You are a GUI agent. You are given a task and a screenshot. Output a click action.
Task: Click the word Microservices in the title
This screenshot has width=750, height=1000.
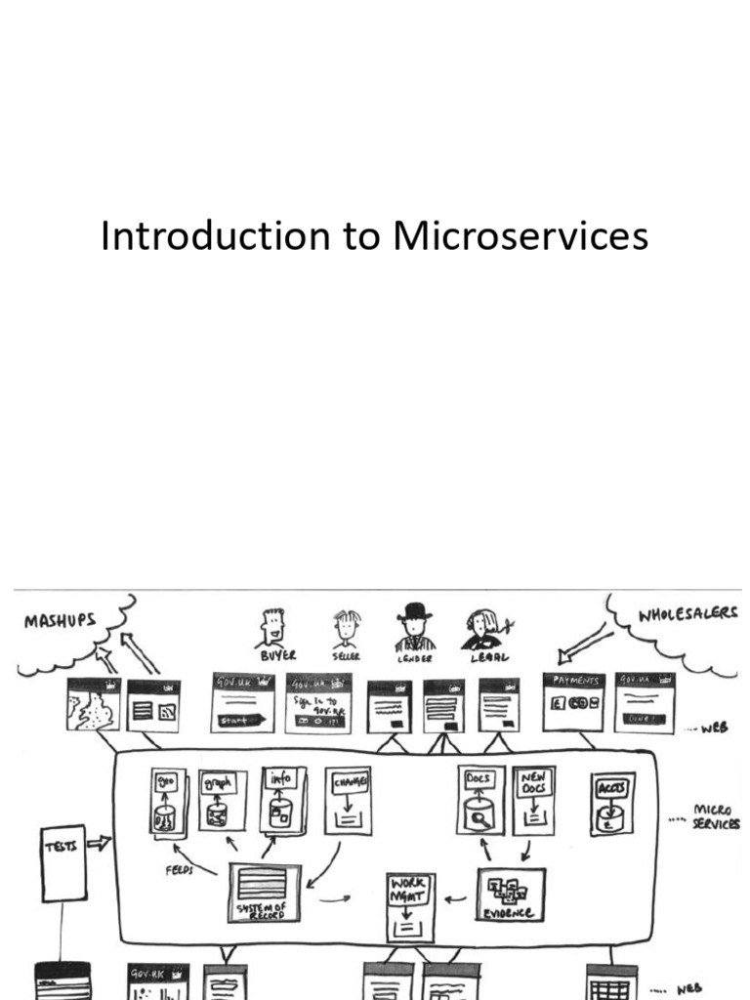521,237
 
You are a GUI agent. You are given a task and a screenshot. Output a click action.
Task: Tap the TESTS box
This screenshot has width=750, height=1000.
62,862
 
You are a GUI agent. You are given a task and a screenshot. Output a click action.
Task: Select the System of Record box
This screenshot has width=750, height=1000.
265,892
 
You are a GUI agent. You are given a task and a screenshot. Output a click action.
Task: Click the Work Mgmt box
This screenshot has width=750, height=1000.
410,906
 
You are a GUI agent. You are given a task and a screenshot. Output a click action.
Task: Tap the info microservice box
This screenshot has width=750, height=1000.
282,800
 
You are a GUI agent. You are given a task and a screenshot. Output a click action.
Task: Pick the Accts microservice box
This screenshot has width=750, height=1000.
611,803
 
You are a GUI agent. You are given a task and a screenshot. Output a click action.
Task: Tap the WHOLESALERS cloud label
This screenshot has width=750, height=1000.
687,616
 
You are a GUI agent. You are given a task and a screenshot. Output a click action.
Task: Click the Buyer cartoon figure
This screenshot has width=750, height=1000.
272,629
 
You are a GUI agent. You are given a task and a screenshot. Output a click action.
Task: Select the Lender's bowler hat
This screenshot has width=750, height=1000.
414,610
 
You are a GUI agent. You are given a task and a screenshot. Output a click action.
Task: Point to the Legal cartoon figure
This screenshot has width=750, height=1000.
481,630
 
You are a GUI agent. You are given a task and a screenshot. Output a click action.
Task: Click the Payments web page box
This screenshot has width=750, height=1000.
573,701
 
